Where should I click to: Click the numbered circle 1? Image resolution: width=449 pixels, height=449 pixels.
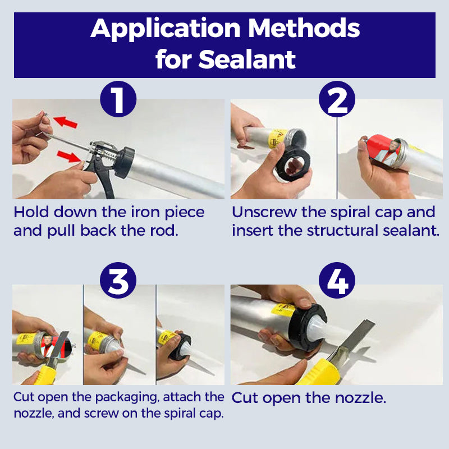(x=118, y=100)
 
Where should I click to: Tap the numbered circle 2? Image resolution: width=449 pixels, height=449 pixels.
(x=337, y=100)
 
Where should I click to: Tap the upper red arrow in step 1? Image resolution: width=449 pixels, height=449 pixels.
(x=65, y=122)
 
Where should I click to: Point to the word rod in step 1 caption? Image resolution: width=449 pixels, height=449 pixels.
(x=164, y=231)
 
